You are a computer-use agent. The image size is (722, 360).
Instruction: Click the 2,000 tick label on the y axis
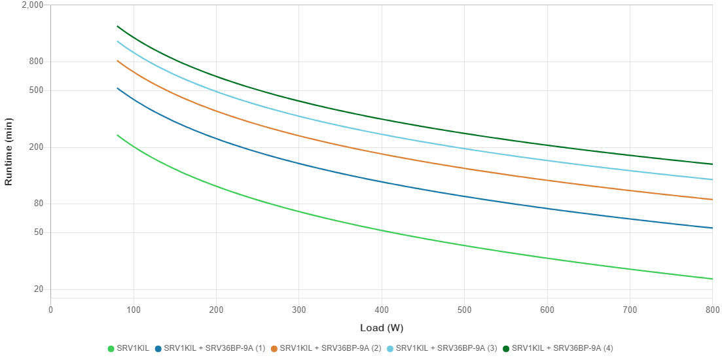[33, 5]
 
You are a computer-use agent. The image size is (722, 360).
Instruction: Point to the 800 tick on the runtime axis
[36, 62]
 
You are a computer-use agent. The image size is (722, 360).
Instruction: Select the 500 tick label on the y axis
[36, 90]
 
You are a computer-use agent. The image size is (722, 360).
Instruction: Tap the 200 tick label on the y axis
[36, 147]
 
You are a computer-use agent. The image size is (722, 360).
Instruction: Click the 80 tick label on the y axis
[38, 204]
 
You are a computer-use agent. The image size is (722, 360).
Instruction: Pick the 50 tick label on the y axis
[38, 232]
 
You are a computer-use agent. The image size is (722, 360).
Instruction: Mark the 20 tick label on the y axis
[38, 289]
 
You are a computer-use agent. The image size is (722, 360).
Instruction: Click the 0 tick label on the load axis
[50, 310]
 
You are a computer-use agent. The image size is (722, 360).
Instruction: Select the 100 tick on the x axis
[133, 310]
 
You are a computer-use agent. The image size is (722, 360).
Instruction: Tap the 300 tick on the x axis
[298, 310]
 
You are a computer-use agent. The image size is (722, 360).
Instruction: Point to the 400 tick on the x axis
[381, 310]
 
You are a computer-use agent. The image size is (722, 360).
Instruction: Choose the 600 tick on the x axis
[547, 310]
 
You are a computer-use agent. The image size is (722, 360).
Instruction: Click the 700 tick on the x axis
[629, 310]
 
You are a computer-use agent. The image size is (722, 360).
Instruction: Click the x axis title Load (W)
[381, 327]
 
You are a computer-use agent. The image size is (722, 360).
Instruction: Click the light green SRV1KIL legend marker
[111, 348]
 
